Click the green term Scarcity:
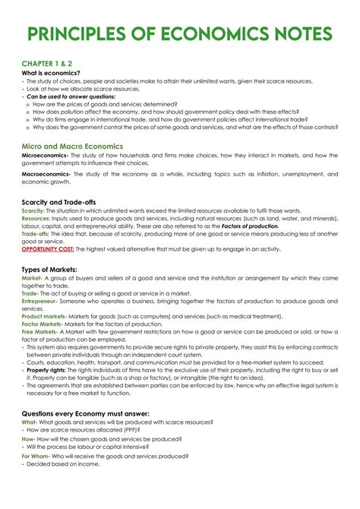click(x=36, y=210)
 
